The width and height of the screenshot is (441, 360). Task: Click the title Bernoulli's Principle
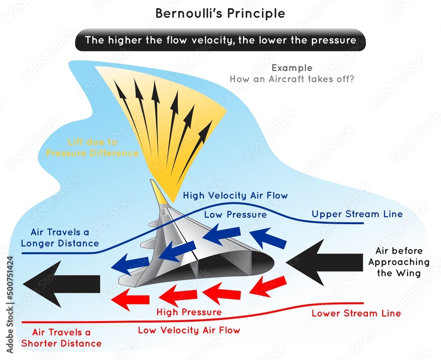pyautogui.click(x=220, y=13)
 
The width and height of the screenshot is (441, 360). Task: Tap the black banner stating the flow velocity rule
pyautogui.click(x=220, y=40)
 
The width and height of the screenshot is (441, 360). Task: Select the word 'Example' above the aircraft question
pyautogui.click(x=292, y=68)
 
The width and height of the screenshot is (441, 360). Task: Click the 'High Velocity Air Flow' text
pyautogui.click(x=235, y=195)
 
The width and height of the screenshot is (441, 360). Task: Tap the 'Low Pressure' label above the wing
pyautogui.click(x=235, y=214)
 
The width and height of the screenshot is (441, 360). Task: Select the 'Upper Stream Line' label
pyautogui.click(x=357, y=214)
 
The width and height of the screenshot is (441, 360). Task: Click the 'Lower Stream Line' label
pyautogui.click(x=356, y=314)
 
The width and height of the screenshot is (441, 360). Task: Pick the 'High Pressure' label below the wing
pyautogui.click(x=189, y=312)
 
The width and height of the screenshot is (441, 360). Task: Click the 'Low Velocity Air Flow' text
pyautogui.click(x=189, y=330)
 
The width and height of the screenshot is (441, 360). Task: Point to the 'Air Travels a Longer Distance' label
pyautogui.click(x=64, y=238)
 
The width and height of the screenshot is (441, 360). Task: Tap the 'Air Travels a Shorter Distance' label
pyautogui.click(x=67, y=338)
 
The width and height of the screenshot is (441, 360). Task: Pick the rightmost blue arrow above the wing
pyautogui.click(x=269, y=239)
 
